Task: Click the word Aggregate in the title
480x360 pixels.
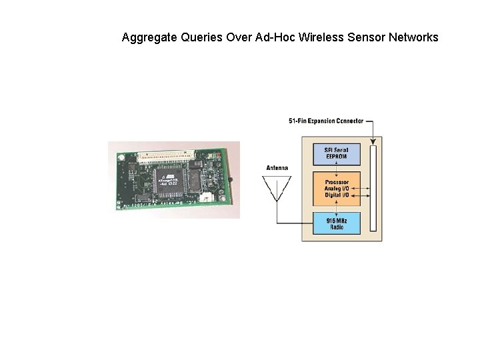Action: [x=149, y=38]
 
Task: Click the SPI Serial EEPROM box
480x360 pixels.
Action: [x=337, y=153]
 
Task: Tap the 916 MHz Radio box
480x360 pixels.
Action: [x=337, y=223]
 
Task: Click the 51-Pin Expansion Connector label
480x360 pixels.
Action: [x=325, y=121]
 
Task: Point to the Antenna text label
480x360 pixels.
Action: [x=277, y=168]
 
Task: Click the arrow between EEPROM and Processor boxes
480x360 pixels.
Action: [x=337, y=169]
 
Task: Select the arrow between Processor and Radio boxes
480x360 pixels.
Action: [x=337, y=207]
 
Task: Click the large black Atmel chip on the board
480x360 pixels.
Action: [x=167, y=182]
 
